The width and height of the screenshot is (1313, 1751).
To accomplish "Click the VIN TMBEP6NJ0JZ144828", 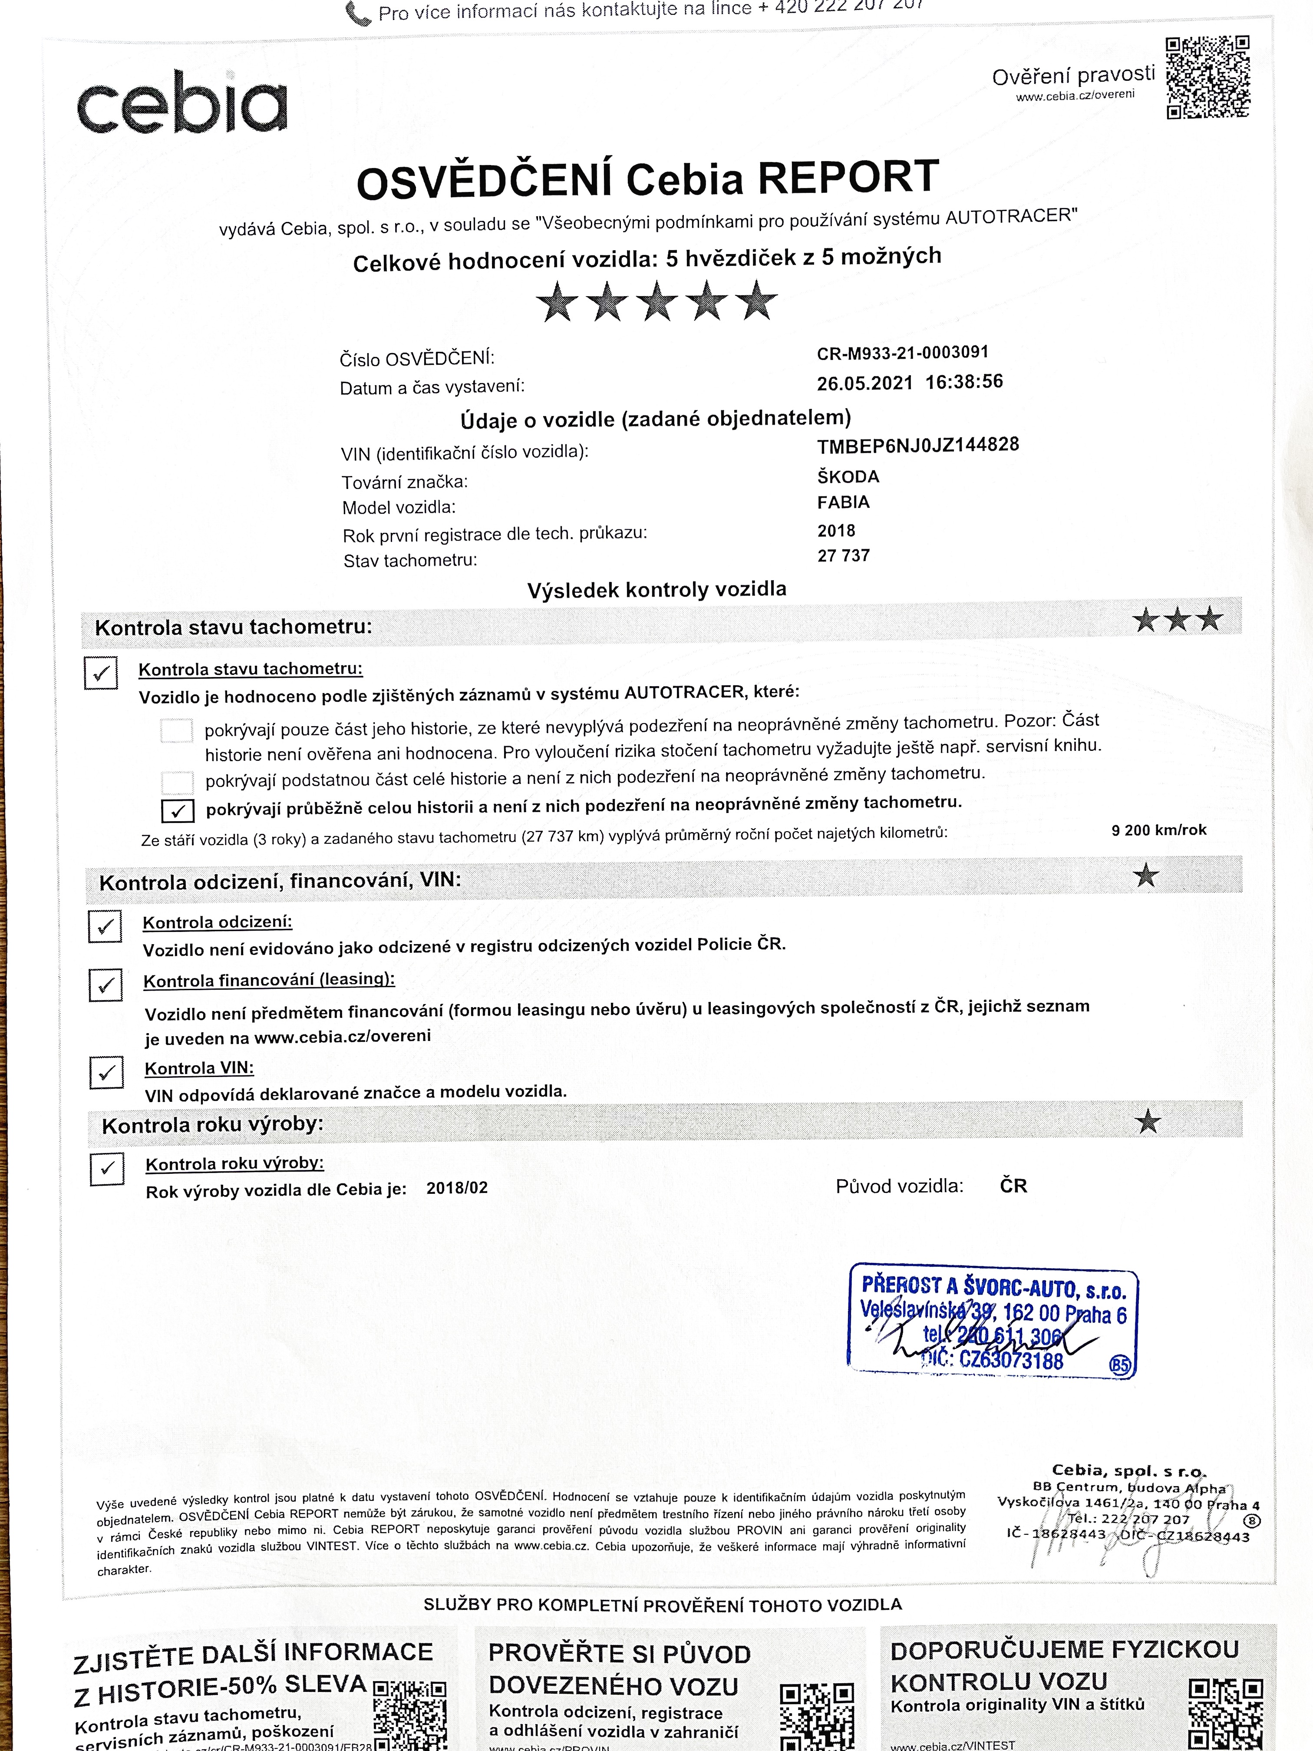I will click(x=917, y=446).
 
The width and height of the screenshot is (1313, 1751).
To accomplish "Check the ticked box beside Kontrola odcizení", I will click(x=105, y=926).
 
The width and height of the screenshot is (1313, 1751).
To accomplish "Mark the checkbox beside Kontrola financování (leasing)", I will click(x=105, y=985).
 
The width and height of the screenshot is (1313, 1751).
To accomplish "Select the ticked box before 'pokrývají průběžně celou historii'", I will click(x=177, y=810).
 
